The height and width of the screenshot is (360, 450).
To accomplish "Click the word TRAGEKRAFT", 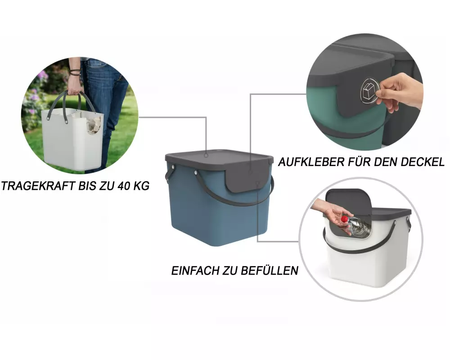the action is click(38, 186).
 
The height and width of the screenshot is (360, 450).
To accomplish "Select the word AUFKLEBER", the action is click(312, 162).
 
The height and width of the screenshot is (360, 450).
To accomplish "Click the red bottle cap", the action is click(344, 219).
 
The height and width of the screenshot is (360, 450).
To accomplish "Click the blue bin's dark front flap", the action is click(247, 180).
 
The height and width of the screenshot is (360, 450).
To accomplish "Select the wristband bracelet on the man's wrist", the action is click(75, 72).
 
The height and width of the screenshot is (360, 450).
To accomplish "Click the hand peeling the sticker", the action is click(399, 92).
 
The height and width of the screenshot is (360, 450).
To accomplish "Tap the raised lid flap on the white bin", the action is click(348, 201).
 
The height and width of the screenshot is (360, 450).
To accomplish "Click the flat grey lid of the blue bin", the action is click(219, 158).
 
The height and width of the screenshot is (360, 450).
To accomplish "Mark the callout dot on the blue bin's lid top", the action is click(206, 156).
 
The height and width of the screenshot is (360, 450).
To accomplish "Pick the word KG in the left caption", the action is click(141, 186).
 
